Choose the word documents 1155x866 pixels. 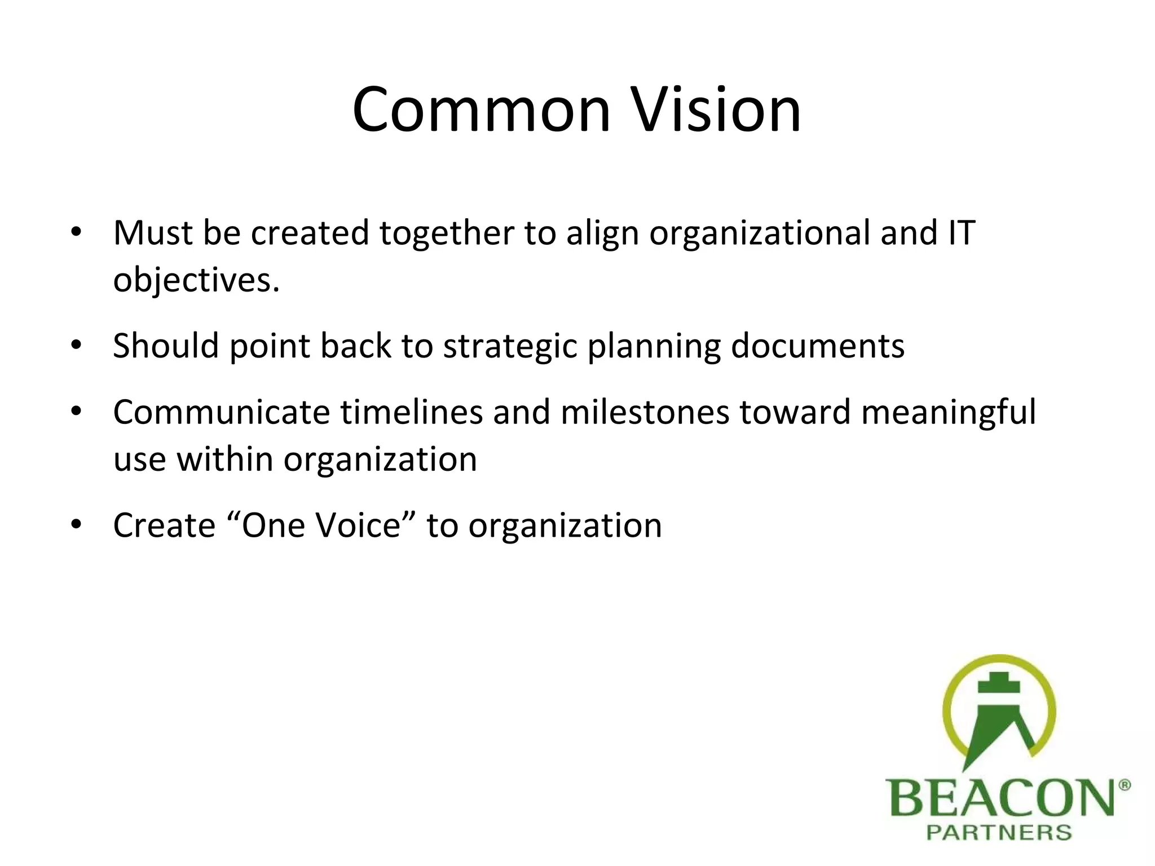817,346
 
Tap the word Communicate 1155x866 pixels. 221,412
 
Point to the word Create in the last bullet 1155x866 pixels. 164,525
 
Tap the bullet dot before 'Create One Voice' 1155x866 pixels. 77,525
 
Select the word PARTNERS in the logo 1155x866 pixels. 999,832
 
